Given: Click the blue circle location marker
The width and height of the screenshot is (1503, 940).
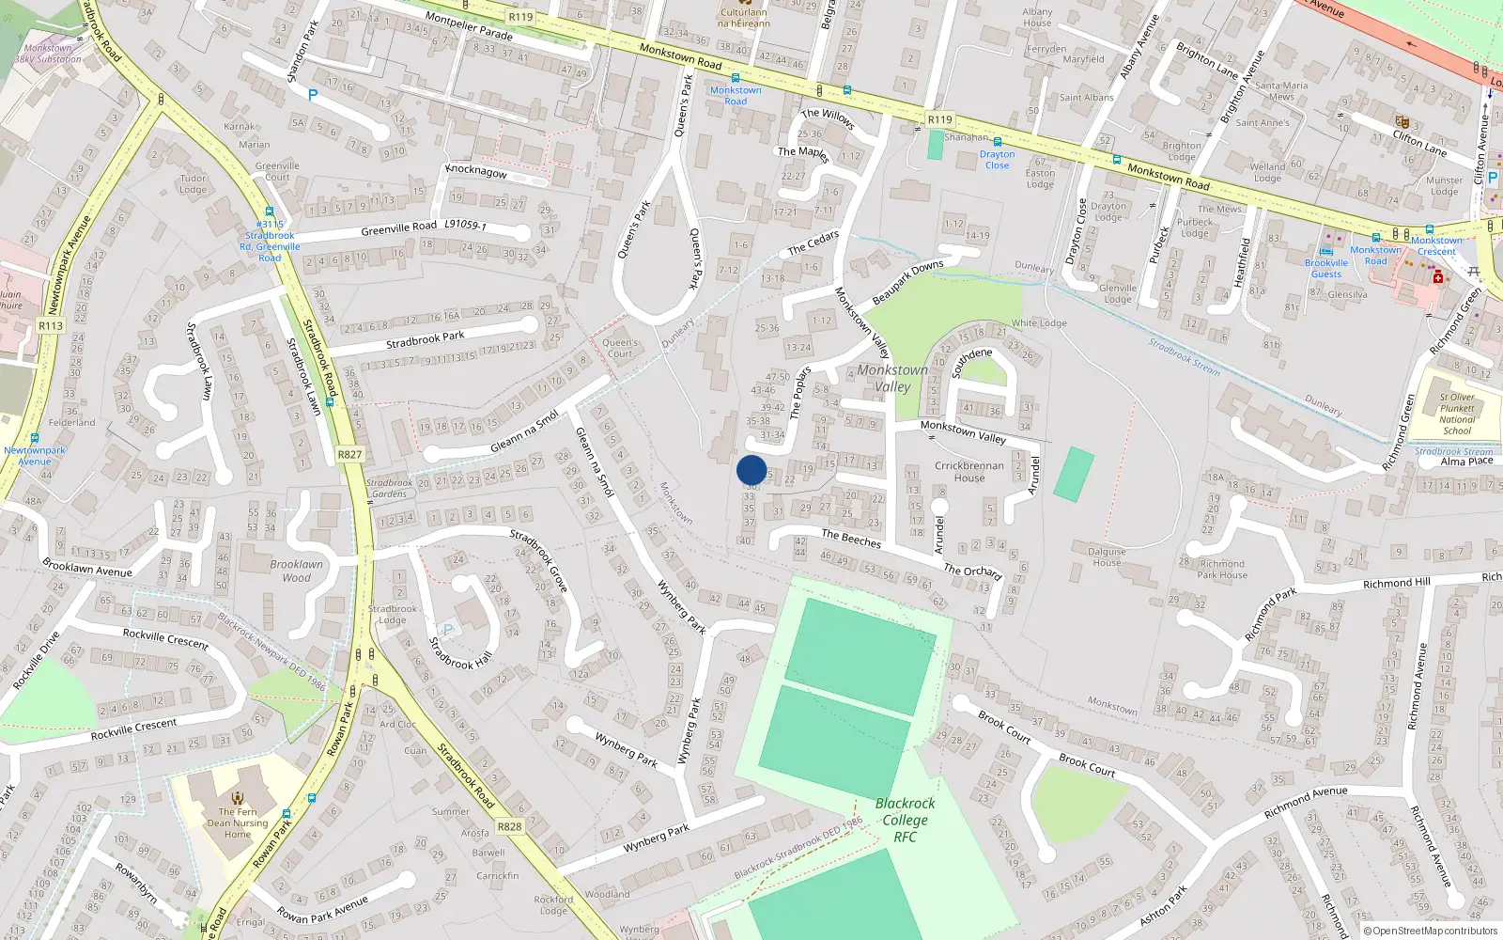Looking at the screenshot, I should coord(751,470).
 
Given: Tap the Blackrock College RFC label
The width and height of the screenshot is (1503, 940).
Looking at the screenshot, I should coord(905,820).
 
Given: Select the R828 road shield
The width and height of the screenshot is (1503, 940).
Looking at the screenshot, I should coord(509,827).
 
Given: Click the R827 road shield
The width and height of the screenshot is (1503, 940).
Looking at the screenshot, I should coord(349,454).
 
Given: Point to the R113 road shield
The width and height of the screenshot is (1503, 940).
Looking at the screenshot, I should coord(51,326).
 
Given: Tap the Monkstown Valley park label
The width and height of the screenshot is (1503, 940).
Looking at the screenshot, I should coord(891,378).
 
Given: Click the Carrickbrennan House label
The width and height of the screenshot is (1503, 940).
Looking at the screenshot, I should coord(969,471).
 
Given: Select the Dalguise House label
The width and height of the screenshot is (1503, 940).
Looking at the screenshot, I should coord(1107,557).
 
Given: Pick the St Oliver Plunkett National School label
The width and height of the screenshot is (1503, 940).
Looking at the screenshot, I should coord(1457,414).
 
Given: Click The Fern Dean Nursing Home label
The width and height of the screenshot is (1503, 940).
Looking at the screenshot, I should coord(238,822).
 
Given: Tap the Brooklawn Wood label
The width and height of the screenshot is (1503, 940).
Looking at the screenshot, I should coord(296,571).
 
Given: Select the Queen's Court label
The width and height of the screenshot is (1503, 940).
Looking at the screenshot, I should coord(620,348).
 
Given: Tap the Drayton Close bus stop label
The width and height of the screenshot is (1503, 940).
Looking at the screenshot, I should coord(997,160).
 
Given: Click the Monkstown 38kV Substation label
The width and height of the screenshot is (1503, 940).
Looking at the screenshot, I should coord(48,54).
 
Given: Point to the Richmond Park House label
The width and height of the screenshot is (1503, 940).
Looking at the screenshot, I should coord(1222,570).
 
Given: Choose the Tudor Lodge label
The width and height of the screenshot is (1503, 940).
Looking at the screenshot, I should coord(193,183).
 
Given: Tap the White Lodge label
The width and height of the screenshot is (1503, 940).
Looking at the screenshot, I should coord(1039,322).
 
